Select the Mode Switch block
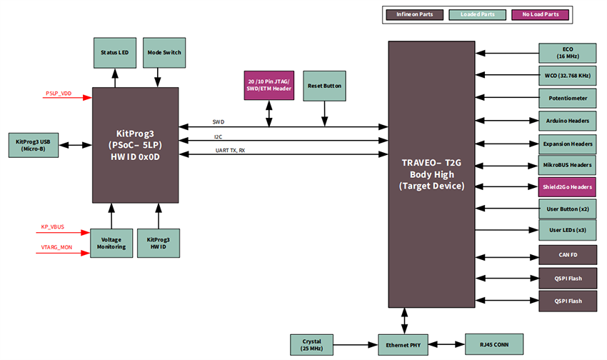164,53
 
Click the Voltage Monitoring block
111,243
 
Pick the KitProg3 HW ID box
158,243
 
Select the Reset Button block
325,85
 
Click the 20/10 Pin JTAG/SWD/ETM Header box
269,85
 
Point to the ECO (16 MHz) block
566,52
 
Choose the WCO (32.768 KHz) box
566,74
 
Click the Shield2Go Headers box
566,187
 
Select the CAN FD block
566,254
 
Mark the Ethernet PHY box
404,344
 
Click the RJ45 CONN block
493,344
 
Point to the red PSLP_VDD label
59,94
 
